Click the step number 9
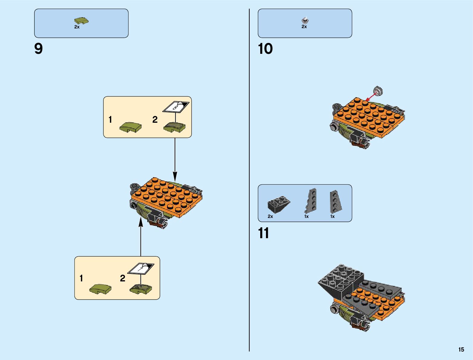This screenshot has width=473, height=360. pos(39,49)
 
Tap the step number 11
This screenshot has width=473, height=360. pos(264,233)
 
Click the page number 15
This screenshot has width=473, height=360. pos(461,349)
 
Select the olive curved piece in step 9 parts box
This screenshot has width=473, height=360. pos(81,21)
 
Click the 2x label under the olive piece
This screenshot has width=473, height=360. pos(77,27)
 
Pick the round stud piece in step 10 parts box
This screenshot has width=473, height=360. pos(305,21)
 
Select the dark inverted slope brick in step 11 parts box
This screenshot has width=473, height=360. pos(279,205)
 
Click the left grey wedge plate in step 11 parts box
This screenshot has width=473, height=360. pos(311,200)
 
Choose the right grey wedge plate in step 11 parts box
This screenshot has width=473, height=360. pos(335,200)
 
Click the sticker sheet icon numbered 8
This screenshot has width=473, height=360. pos(176,107)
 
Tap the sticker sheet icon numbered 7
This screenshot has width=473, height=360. pos(141,268)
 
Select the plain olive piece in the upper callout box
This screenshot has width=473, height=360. pos(130,127)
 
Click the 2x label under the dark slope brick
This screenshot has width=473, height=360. pos(270,216)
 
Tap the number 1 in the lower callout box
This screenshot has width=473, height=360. pos(81,278)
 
